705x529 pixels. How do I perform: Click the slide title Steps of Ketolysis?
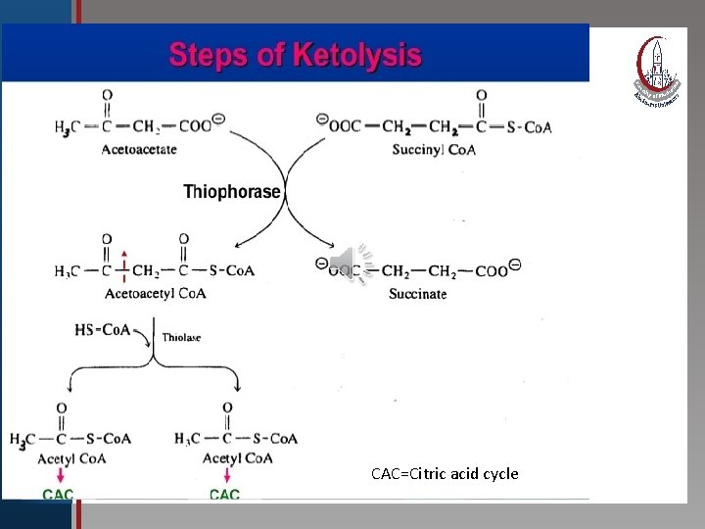click(x=295, y=54)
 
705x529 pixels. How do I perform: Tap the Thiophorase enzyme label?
click(x=232, y=193)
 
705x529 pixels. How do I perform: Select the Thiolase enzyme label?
click(x=181, y=337)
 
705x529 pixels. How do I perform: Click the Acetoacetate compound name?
click(x=139, y=150)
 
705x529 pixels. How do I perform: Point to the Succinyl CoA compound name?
click(x=434, y=150)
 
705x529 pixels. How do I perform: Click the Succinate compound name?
click(x=417, y=294)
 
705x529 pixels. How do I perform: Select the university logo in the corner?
click(x=656, y=70)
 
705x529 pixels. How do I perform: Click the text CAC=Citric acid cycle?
click(x=445, y=474)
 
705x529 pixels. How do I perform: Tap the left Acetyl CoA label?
click(x=71, y=457)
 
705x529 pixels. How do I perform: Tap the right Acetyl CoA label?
click(x=236, y=457)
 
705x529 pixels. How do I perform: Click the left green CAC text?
click(x=58, y=495)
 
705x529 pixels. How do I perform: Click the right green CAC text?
click(x=224, y=495)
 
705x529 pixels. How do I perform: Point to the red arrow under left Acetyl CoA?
click(x=61, y=476)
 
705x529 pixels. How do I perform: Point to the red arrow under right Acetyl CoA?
click(x=227, y=476)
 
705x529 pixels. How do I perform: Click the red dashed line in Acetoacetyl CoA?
click(x=124, y=264)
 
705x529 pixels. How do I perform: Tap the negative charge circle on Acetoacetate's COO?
click(x=218, y=120)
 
